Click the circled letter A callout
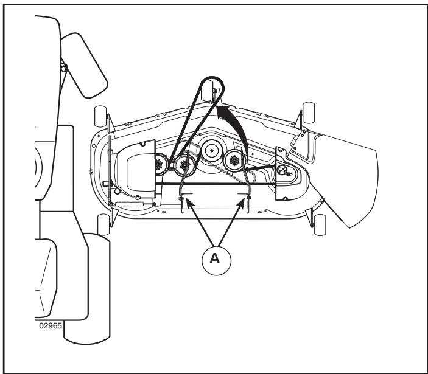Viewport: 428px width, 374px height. (216, 260)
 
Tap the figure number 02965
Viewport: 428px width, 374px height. (51, 326)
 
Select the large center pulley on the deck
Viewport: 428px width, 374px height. (211, 150)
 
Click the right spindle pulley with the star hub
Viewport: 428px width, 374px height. (234, 161)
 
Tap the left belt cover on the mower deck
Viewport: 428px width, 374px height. (135, 169)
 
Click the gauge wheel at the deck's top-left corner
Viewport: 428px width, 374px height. (100, 117)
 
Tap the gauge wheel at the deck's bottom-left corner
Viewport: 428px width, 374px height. (103, 224)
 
